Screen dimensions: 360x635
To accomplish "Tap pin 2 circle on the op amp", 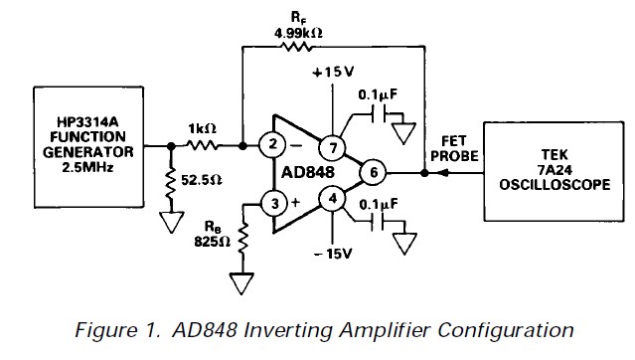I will click(x=269, y=146).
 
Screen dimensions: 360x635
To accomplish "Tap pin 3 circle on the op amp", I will click(x=269, y=204).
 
